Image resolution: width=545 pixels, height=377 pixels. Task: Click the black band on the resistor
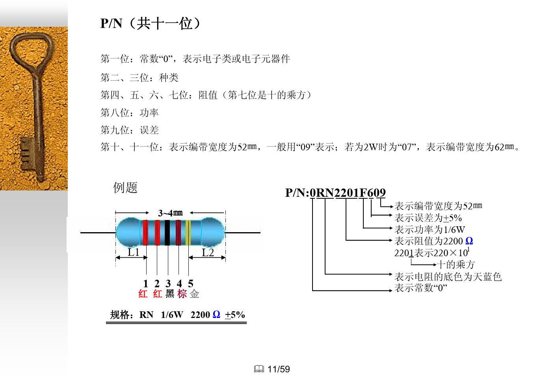click(167, 233)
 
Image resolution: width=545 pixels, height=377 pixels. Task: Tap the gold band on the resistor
click(188, 233)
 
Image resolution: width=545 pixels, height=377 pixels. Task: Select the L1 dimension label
click(134, 253)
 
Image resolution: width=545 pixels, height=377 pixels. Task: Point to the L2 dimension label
click(208, 253)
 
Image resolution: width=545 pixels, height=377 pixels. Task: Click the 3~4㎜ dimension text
click(170, 213)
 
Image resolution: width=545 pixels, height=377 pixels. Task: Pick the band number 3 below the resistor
click(168, 283)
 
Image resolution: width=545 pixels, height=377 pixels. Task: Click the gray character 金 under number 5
click(194, 294)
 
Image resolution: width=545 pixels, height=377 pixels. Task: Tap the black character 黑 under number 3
click(169, 294)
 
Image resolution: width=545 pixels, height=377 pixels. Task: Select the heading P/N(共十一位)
click(150, 24)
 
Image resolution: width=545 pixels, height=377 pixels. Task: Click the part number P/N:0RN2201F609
click(335, 192)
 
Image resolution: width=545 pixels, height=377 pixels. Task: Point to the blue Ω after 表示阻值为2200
click(469, 241)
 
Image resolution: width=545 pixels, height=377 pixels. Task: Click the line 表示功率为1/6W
click(430, 229)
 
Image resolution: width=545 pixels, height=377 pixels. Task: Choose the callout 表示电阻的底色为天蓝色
click(448, 277)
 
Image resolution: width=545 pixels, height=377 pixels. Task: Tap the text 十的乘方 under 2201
click(456, 264)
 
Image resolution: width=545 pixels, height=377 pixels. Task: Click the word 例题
click(125, 187)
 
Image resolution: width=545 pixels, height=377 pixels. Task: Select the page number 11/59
click(279, 369)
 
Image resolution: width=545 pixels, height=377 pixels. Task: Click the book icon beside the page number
click(259, 369)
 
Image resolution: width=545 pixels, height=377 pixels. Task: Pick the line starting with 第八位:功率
click(129, 113)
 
